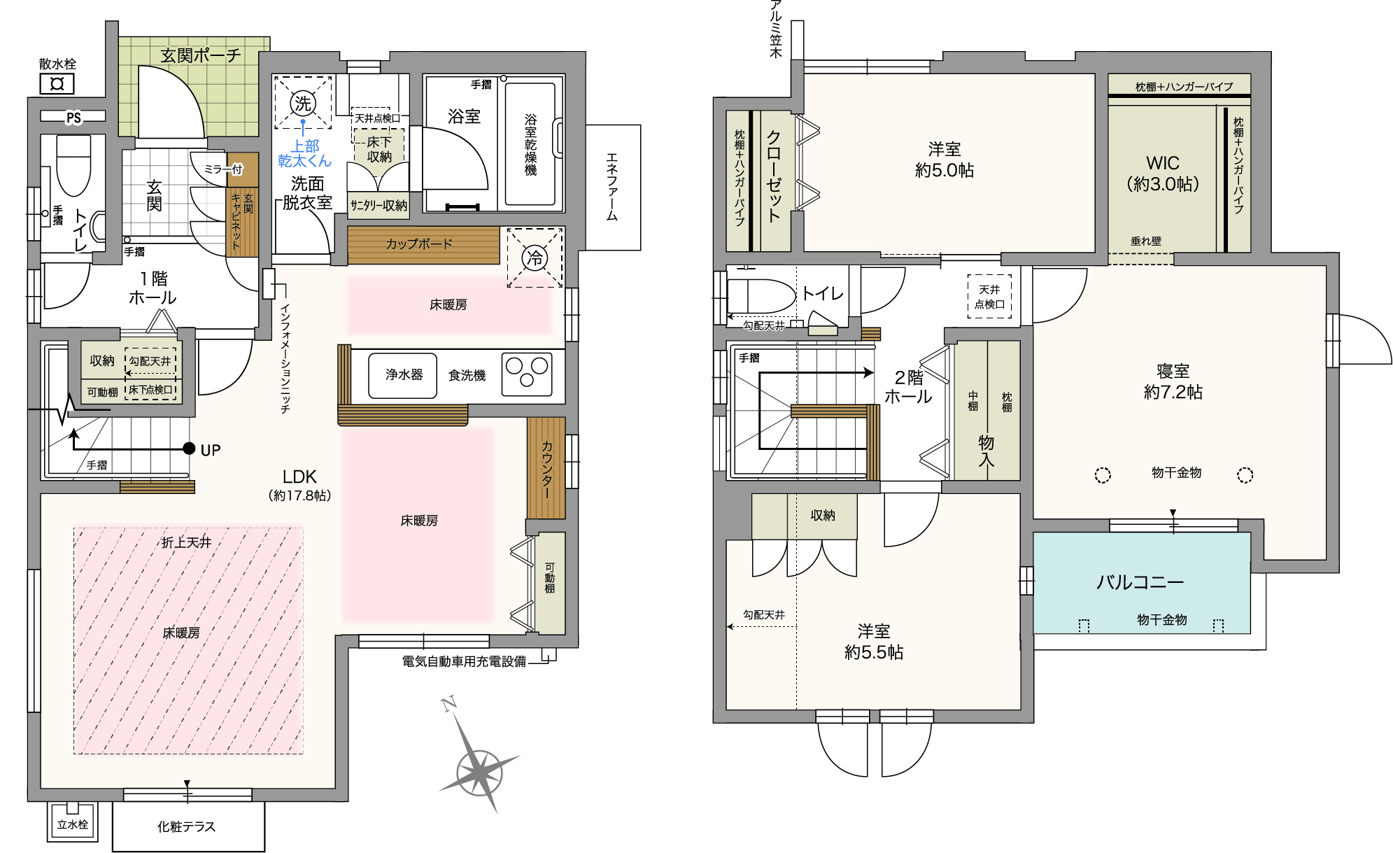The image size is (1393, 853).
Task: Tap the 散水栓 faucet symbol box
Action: [57, 85]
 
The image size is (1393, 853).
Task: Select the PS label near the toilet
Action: [73, 118]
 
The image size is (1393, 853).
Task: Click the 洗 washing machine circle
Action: [303, 104]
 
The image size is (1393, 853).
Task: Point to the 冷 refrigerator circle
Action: [535, 258]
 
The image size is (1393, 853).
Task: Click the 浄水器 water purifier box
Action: [403, 376]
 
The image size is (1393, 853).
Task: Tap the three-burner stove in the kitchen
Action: [528, 374]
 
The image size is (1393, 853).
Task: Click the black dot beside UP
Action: [189, 449]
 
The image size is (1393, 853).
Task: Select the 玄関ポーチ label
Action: [200, 55]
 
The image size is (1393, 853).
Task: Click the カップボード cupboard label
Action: [419, 244]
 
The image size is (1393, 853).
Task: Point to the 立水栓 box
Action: [73, 823]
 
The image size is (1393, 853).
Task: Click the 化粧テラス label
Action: [186, 826]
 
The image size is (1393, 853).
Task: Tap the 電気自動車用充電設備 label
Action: [464, 661]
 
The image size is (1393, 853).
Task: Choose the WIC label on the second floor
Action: [1163, 163]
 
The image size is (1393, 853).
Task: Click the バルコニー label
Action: [1140, 581]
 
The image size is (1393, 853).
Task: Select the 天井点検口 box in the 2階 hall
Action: [989, 297]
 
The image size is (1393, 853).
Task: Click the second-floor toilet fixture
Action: [762, 296]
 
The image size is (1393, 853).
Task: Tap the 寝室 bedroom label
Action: [1173, 371]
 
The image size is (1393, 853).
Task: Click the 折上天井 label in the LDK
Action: [186, 542]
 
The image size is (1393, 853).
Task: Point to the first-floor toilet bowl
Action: [73, 166]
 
